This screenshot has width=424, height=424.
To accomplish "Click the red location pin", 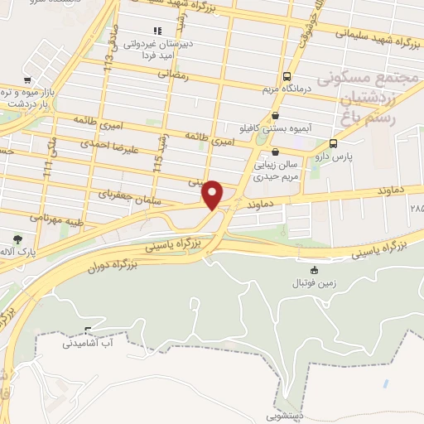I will pyautogui.click(x=213, y=194).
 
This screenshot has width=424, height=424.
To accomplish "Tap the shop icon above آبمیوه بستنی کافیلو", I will pyautogui.click(x=276, y=116).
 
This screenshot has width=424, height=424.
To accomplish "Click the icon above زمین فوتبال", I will pyautogui.click(x=314, y=270).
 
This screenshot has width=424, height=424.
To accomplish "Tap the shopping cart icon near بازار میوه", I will pyautogui.click(x=29, y=80).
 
